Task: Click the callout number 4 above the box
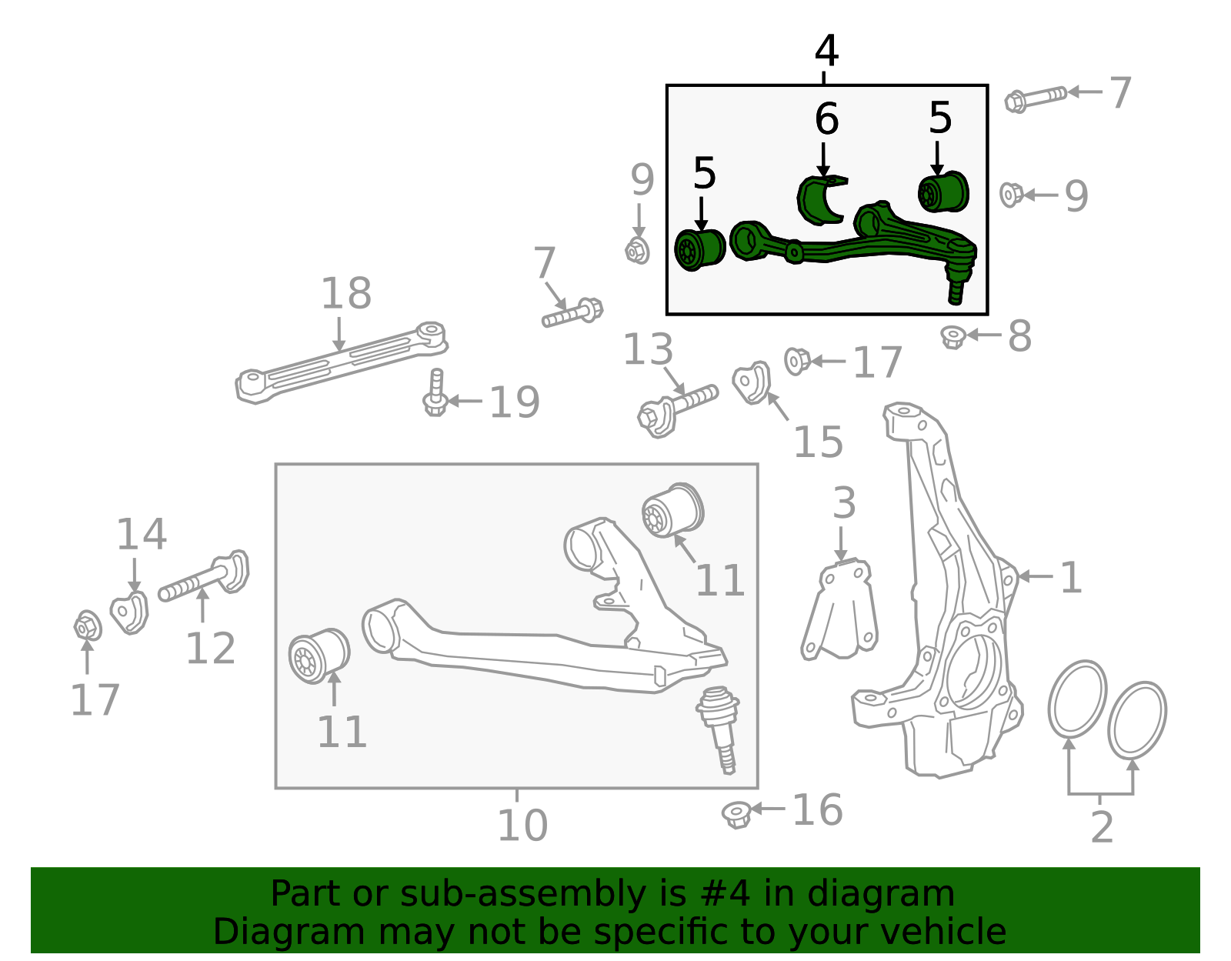[x=826, y=51]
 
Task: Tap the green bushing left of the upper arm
[x=699, y=249]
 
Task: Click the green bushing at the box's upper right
[x=943, y=192]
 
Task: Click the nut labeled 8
[x=953, y=337]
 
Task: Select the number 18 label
[x=345, y=294]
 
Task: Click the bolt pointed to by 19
[x=435, y=392]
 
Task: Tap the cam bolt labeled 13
[x=677, y=408]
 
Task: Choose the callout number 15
[x=818, y=442]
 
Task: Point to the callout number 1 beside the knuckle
[x=1071, y=577]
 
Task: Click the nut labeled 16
[x=737, y=814]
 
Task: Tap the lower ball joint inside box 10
[x=719, y=727]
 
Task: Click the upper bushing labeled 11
[x=673, y=511]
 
